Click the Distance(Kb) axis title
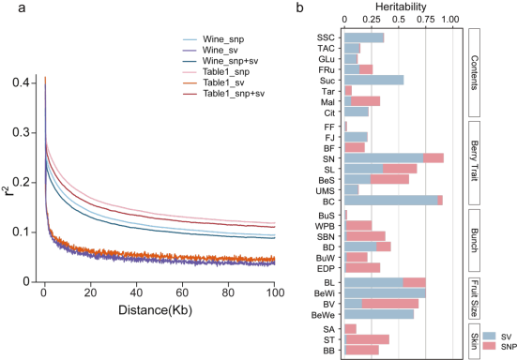(x=160, y=308)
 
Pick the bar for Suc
(x=374, y=81)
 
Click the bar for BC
(x=391, y=200)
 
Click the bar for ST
(x=367, y=338)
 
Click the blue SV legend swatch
(x=491, y=335)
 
